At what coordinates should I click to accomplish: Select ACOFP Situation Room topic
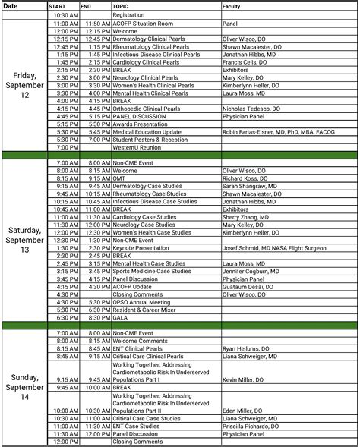point(144,24)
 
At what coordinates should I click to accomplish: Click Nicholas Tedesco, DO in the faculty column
point(251,109)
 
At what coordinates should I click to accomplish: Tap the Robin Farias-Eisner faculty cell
point(278,131)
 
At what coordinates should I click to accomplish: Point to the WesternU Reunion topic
point(136,147)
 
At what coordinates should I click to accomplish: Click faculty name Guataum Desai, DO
point(248,286)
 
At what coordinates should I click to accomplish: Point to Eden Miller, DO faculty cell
point(243,411)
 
